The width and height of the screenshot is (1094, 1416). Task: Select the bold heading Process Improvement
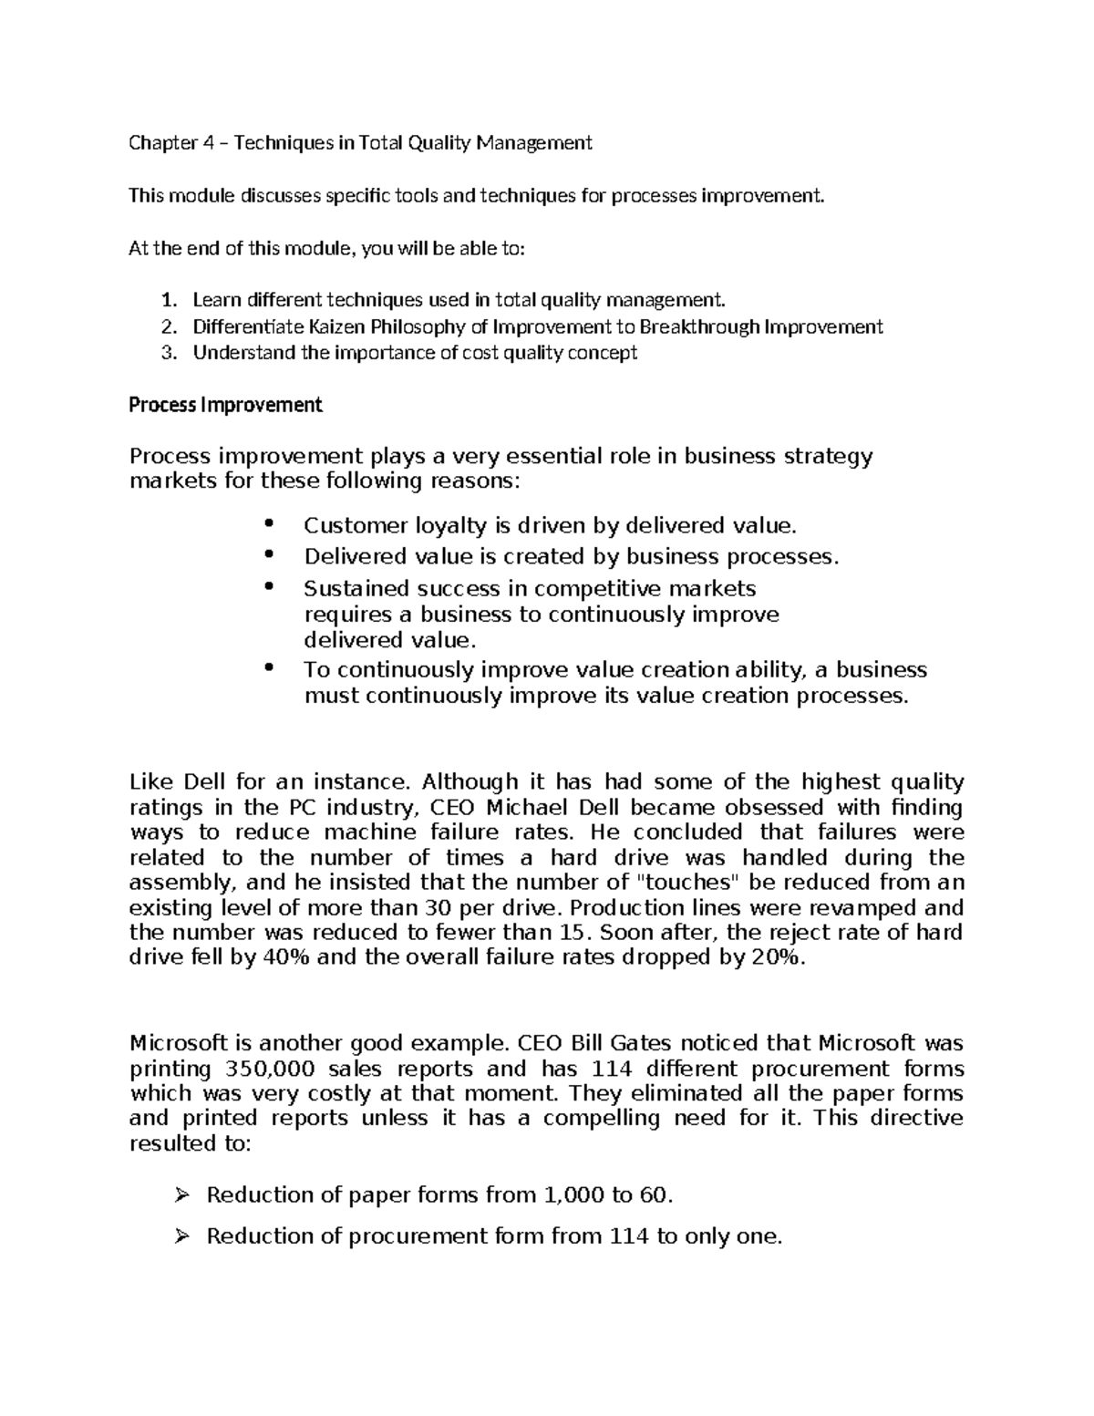point(226,405)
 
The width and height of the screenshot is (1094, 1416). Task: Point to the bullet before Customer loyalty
point(267,523)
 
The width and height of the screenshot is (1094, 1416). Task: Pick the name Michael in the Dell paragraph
point(524,807)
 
